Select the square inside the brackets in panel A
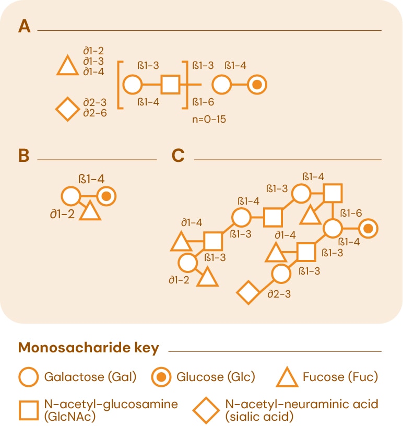pos(170,84)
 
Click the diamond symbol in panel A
pos(67,110)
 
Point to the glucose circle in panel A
pos(256,84)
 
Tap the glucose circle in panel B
pos(105,197)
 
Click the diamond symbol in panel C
pos(248,292)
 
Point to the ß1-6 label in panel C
pos(351,213)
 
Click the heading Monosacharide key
pos(88,348)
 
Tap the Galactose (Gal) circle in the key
pos(28,376)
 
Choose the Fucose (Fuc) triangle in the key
pos(287,376)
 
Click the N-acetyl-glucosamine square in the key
pos(28,410)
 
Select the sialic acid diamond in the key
pos(206,410)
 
